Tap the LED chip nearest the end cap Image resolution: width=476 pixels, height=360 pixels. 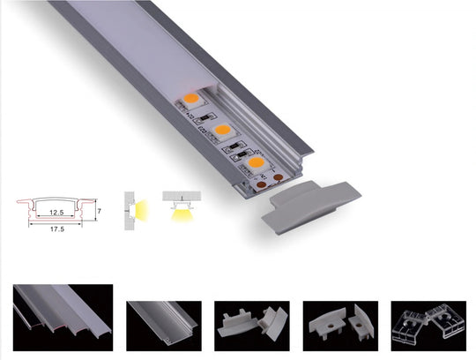click(x=256, y=163)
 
